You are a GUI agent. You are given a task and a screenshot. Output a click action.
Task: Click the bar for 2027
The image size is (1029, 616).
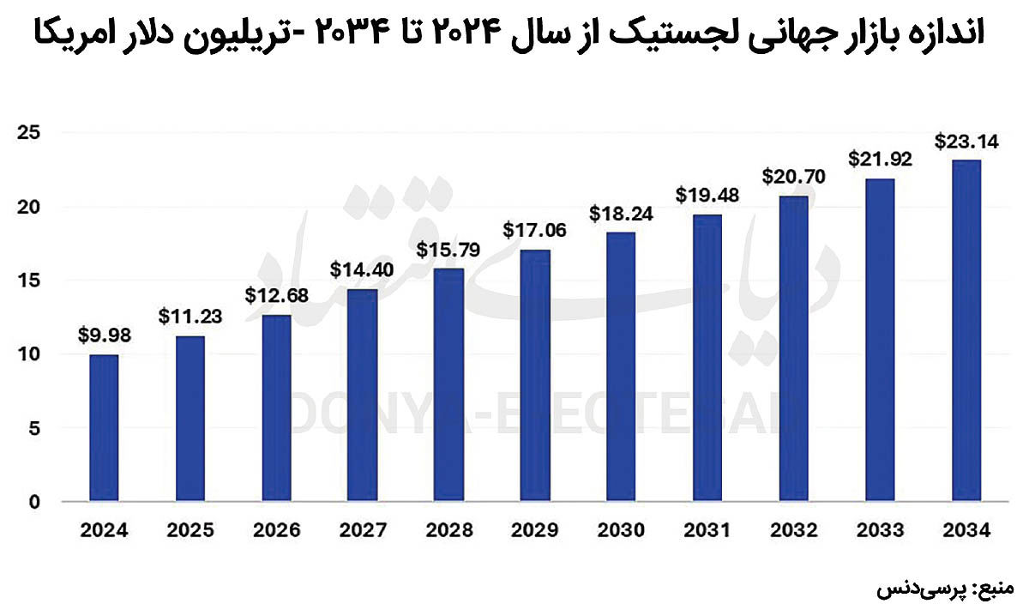pyautogui.click(x=363, y=395)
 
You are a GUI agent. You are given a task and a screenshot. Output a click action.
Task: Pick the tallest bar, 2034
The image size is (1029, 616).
pyautogui.click(x=966, y=330)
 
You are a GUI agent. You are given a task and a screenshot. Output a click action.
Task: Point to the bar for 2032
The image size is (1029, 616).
pyautogui.click(x=794, y=348)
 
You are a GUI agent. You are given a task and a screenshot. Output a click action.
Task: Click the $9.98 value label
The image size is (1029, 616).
pyautogui.click(x=104, y=336)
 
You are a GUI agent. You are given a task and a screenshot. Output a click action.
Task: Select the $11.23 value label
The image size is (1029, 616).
pyautogui.click(x=190, y=316)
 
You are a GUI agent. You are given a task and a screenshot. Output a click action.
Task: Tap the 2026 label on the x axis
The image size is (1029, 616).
pyautogui.click(x=276, y=531)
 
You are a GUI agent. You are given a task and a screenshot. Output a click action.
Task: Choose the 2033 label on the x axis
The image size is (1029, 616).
pyautogui.click(x=881, y=531)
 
